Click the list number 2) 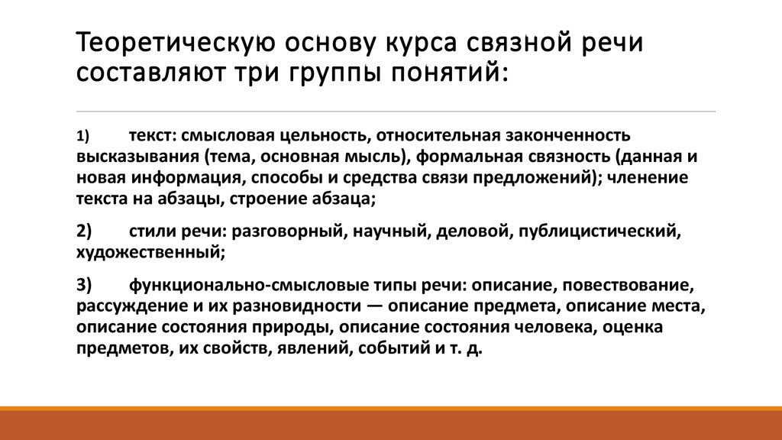[x=84, y=229]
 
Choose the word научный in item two [x=389, y=229]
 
